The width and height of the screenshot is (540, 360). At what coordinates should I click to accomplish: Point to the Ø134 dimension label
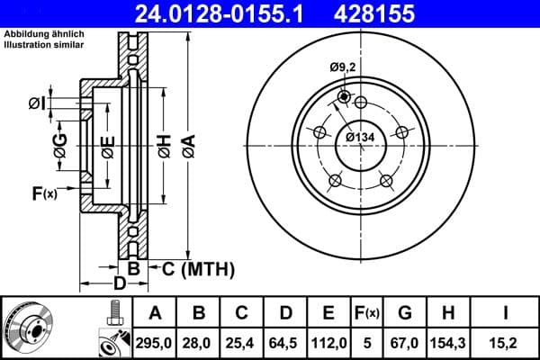click(x=360, y=137)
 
